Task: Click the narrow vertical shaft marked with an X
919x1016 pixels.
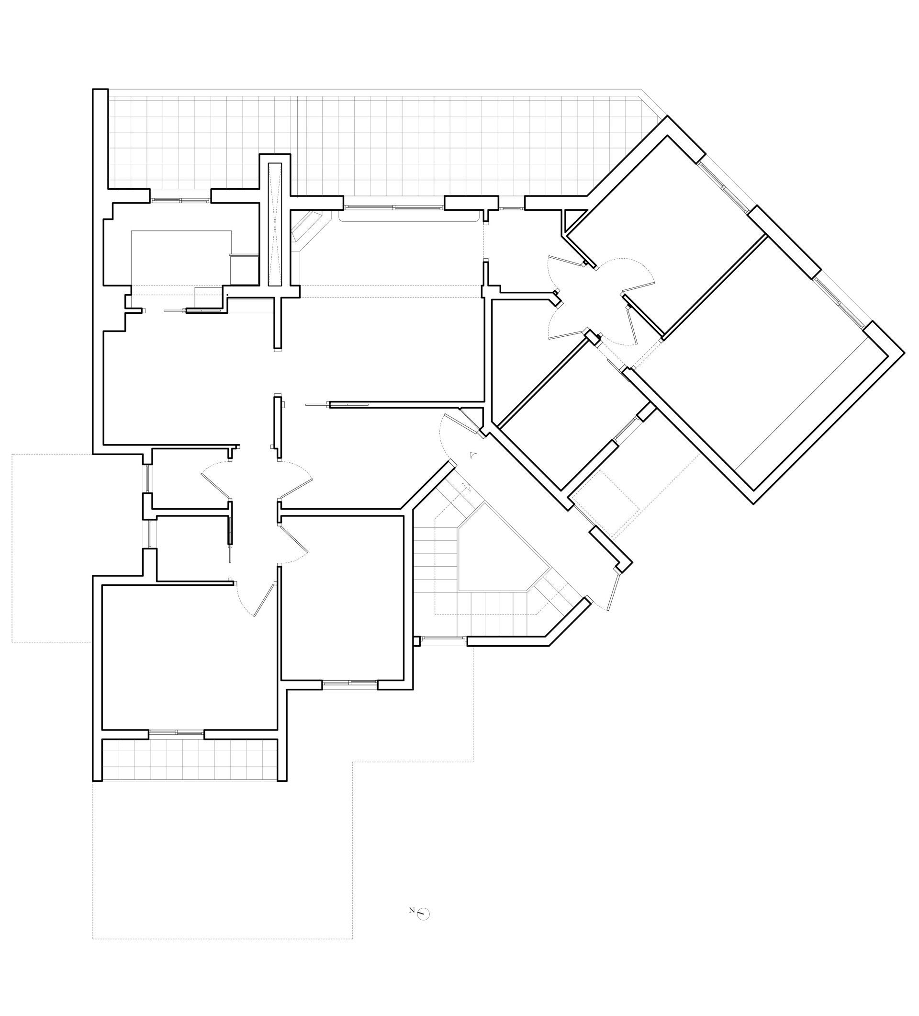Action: (274, 224)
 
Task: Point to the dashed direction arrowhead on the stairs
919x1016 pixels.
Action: (466, 487)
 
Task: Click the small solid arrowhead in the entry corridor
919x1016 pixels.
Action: (472, 455)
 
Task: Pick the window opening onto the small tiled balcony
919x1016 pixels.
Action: (176, 732)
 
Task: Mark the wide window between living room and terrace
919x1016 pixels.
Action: (394, 206)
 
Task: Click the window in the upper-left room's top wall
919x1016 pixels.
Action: (180, 200)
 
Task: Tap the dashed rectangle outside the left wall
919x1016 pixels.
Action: (52, 548)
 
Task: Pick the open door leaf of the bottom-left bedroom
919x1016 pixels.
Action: (264, 599)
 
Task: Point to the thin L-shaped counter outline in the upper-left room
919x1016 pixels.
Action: (181, 257)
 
